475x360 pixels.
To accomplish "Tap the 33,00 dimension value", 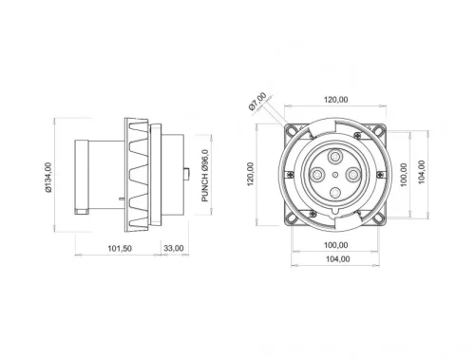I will (174, 248).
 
